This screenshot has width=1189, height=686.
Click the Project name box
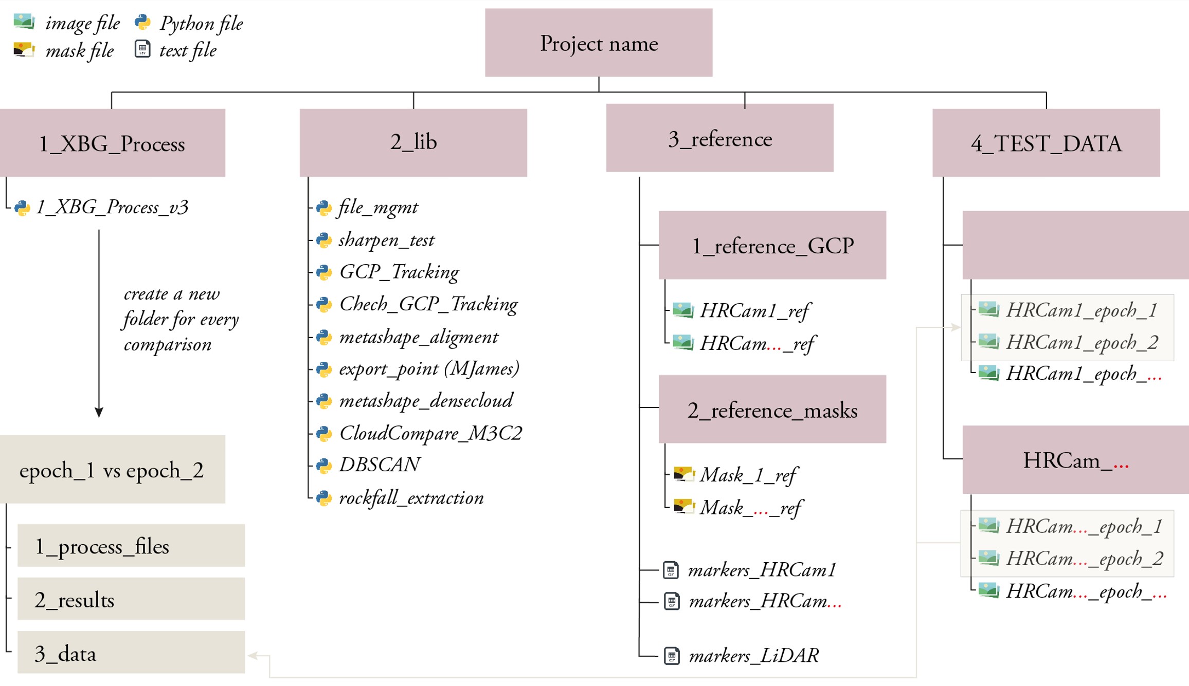(x=598, y=43)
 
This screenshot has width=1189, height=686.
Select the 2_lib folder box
(x=413, y=142)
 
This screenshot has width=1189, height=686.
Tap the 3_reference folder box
(x=719, y=138)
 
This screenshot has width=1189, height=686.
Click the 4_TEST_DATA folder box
(x=1046, y=142)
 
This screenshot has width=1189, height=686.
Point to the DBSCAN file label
(x=380, y=465)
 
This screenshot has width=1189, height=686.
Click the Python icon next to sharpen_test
(x=323, y=240)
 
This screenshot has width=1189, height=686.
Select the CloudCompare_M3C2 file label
(x=430, y=433)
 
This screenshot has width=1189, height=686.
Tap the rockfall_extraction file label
(x=411, y=497)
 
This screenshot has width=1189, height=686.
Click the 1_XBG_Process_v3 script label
(x=112, y=207)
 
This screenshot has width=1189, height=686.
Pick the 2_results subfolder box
(x=131, y=599)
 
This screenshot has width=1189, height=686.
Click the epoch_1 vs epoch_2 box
(x=112, y=469)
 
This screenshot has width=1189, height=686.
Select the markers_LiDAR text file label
(x=753, y=656)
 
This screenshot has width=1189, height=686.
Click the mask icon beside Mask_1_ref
(x=684, y=474)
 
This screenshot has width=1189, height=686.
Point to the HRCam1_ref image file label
(x=754, y=310)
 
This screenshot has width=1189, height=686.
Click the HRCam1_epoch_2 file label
(x=1082, y=342)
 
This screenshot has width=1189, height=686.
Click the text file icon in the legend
(x=142, y=49)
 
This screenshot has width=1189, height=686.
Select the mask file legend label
(x=79, y=50)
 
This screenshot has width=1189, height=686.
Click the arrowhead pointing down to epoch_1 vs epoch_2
(x=99, y=412)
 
